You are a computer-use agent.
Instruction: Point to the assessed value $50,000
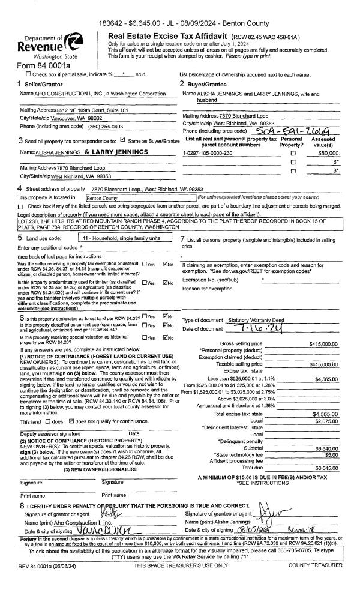(336, 153)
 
